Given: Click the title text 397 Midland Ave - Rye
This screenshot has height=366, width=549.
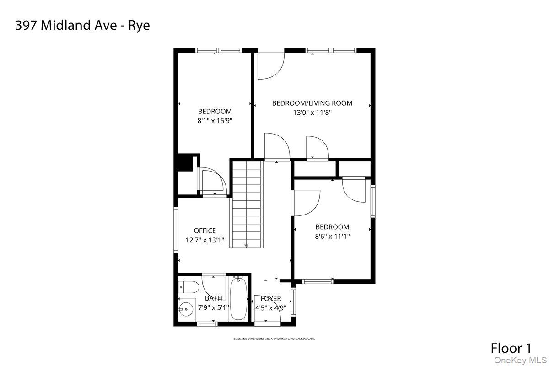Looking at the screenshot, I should click(82, 26).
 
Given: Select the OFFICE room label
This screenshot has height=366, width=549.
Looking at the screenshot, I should click(205, 231).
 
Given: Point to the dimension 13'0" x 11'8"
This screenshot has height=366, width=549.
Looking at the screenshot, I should click(312, 112).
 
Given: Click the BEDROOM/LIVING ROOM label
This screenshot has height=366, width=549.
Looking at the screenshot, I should click(312, 103).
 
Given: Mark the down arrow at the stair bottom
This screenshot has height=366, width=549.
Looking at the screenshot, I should click(247, 245).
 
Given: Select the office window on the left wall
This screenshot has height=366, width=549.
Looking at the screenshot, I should click(176, 229).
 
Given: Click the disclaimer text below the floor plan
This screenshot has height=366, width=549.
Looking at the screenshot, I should click(274, 339).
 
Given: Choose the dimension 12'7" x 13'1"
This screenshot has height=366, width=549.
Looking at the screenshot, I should click(205, 240).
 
